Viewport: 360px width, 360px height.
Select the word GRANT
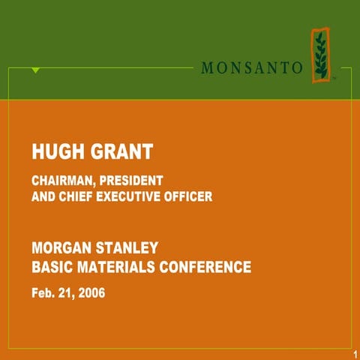point(119,152)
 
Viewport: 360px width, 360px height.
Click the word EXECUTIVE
point(136,197)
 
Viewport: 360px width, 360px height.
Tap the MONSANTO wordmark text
point(252,67)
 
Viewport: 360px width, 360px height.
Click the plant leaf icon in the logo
point(321,54)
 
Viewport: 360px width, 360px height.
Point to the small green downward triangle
point(35,70)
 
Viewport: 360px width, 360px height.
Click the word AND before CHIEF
point(43,197)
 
